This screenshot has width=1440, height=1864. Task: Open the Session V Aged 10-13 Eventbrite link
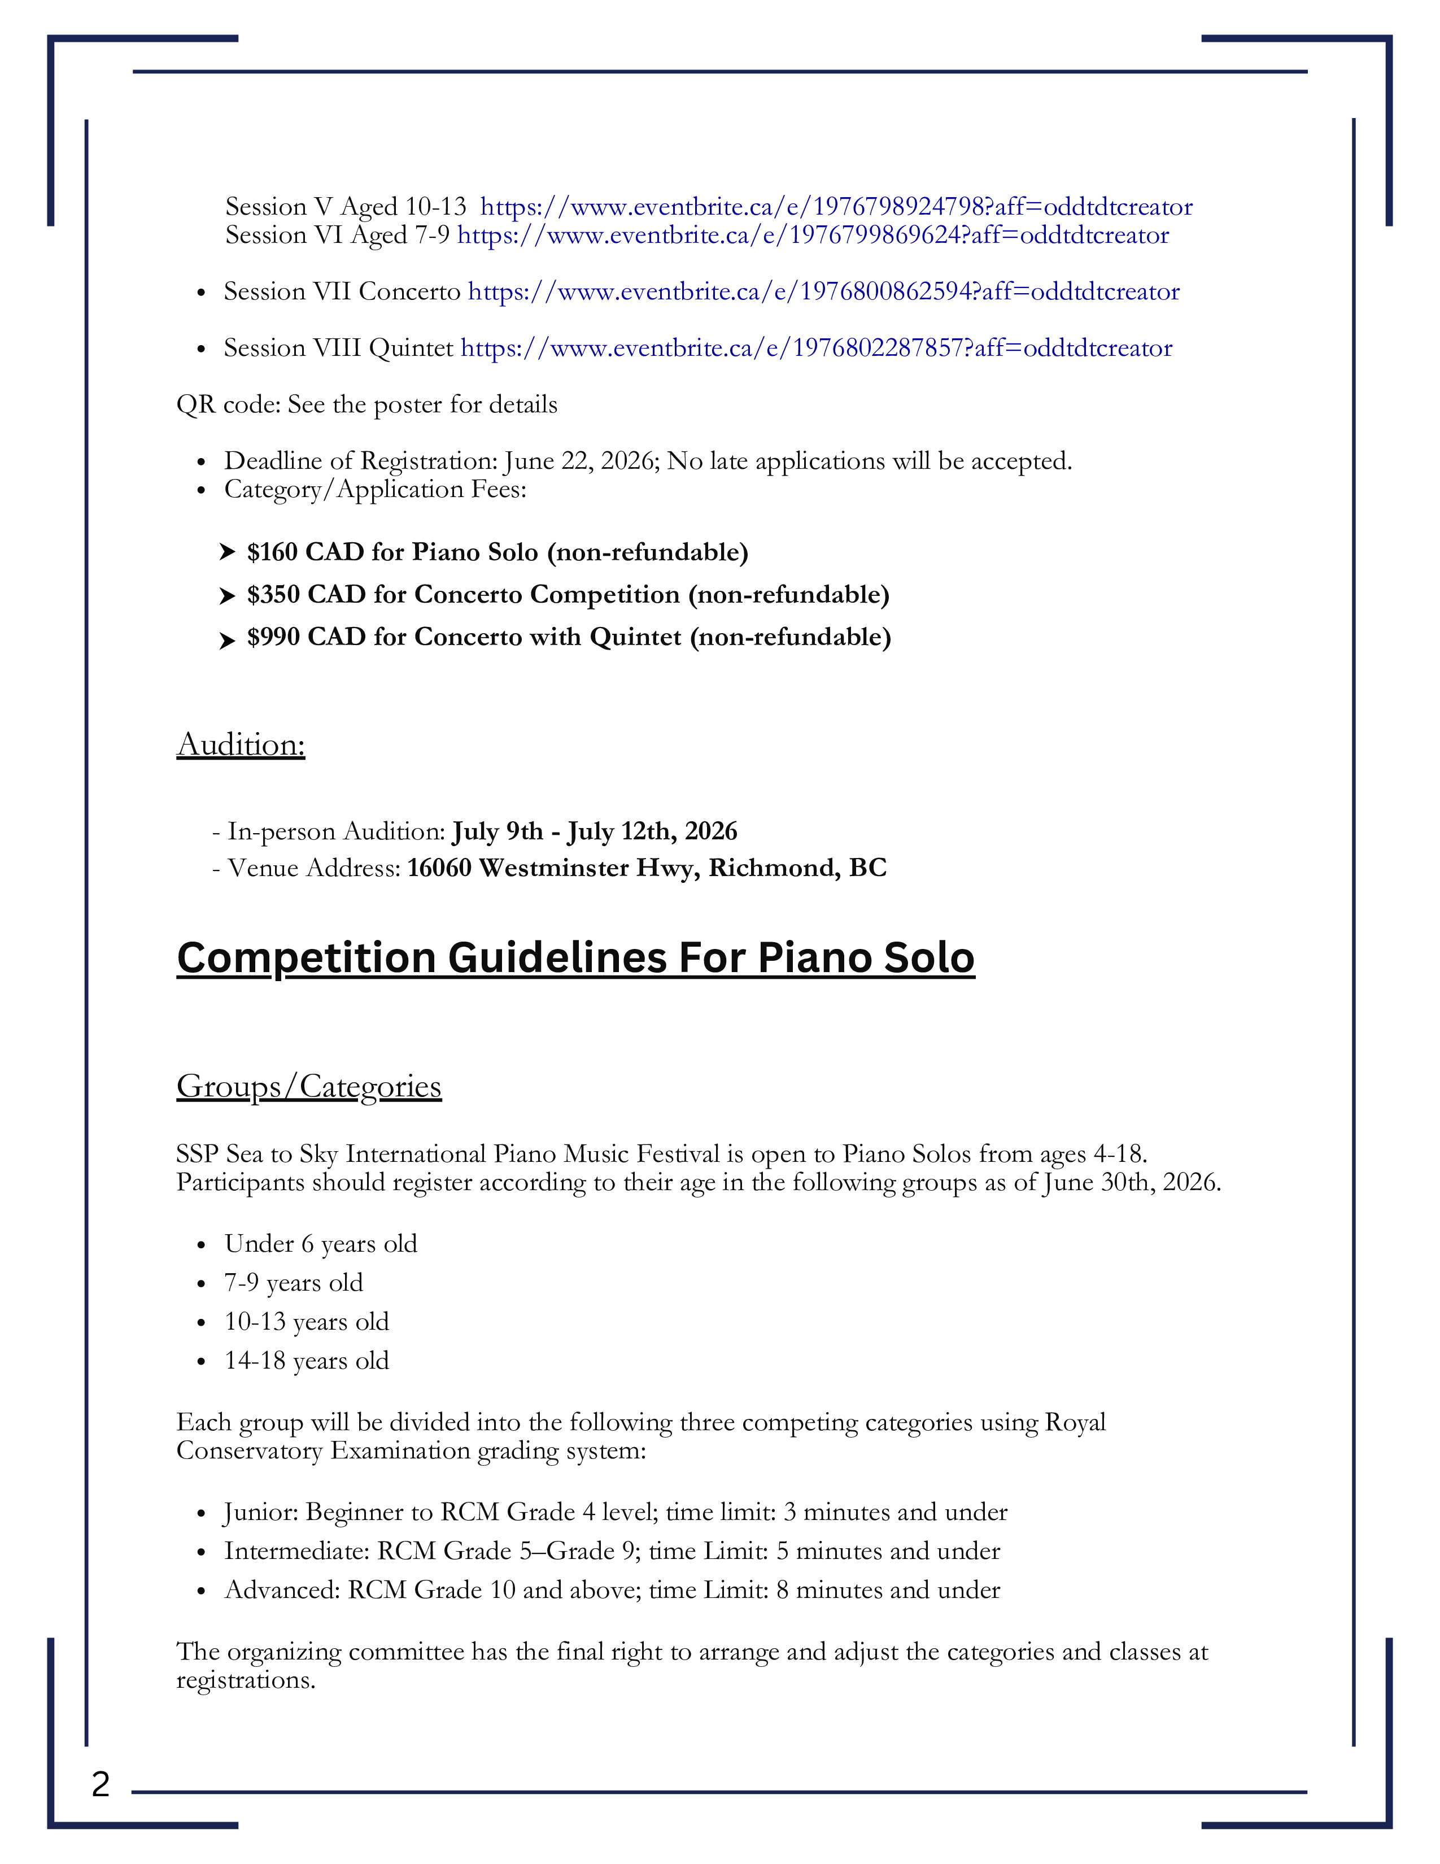click(836, 207)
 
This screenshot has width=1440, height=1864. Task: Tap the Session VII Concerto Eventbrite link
click(823, 292)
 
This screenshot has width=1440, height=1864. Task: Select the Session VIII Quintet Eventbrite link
click(815, 348)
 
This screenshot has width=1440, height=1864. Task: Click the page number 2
click(101, 1784)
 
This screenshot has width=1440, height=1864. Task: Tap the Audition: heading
click(241, 745)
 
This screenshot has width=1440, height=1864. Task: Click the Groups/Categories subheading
click(309, 1086)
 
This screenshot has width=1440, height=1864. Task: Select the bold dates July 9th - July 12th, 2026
click(595, 831)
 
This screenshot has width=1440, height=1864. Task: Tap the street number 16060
click(438, 868)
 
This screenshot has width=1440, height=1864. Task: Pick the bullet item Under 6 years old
click(321, 1244)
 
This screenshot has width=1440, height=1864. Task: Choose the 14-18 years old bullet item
click(306, 1361)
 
